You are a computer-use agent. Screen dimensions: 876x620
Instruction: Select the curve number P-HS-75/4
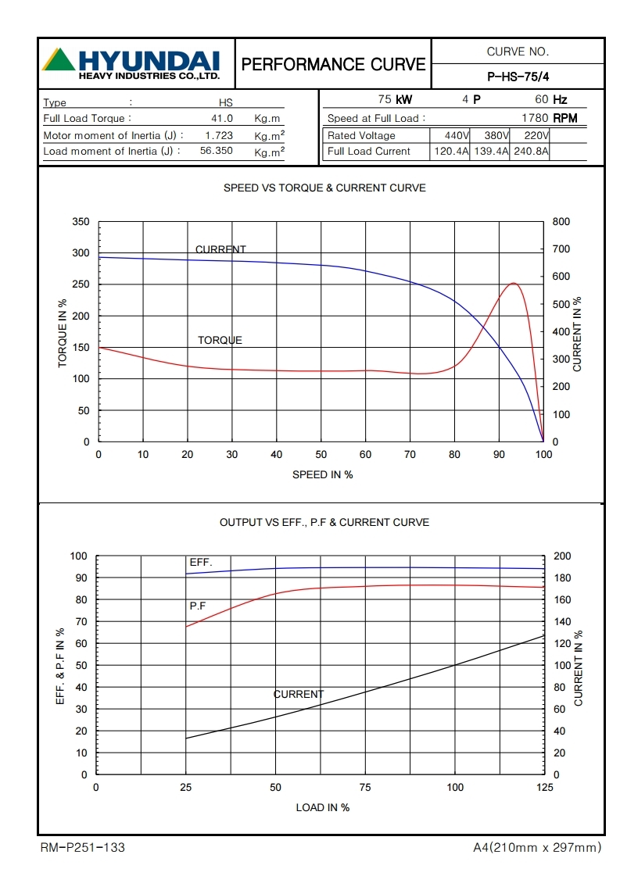click(518, 77)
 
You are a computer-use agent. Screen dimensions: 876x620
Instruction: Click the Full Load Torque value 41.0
click(222, 119)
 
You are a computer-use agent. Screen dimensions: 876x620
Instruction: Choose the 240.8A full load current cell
click(530, 152)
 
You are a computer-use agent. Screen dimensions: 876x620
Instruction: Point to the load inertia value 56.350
click(216, 152)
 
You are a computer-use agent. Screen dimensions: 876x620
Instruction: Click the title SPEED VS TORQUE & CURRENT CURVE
click(324, 188)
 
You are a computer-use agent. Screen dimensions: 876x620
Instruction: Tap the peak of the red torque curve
click(513, 283)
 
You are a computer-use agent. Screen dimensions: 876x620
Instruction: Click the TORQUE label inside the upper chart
click(220, 341)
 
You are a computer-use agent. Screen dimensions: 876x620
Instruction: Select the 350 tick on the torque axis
click(81, 222)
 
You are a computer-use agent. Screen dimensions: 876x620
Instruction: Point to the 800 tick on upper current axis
click(561, 222)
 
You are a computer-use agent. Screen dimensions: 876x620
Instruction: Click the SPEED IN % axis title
click(322, 474)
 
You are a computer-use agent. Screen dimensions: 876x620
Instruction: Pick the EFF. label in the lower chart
click(201, 563)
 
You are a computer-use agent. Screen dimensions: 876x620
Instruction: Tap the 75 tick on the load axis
click(364, 788)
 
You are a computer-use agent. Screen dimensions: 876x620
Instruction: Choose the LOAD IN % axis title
click(322, 807)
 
